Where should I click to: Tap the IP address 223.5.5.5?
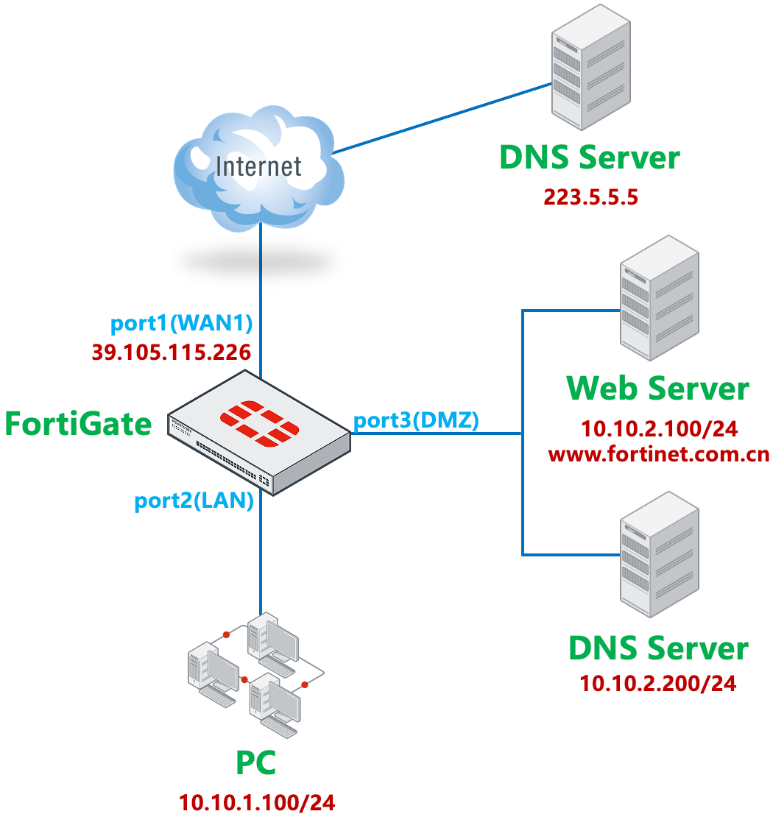(590, 197)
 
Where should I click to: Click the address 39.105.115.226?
(171, 353)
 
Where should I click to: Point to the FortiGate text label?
(78, 424)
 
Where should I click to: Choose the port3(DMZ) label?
(417, 420)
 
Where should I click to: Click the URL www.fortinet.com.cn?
(659, 454)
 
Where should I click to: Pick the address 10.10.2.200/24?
(657, 683)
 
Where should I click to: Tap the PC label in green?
(255, 763)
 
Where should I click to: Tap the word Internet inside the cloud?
(258, 166)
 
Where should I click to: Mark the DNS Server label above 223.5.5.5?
(589, 158)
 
